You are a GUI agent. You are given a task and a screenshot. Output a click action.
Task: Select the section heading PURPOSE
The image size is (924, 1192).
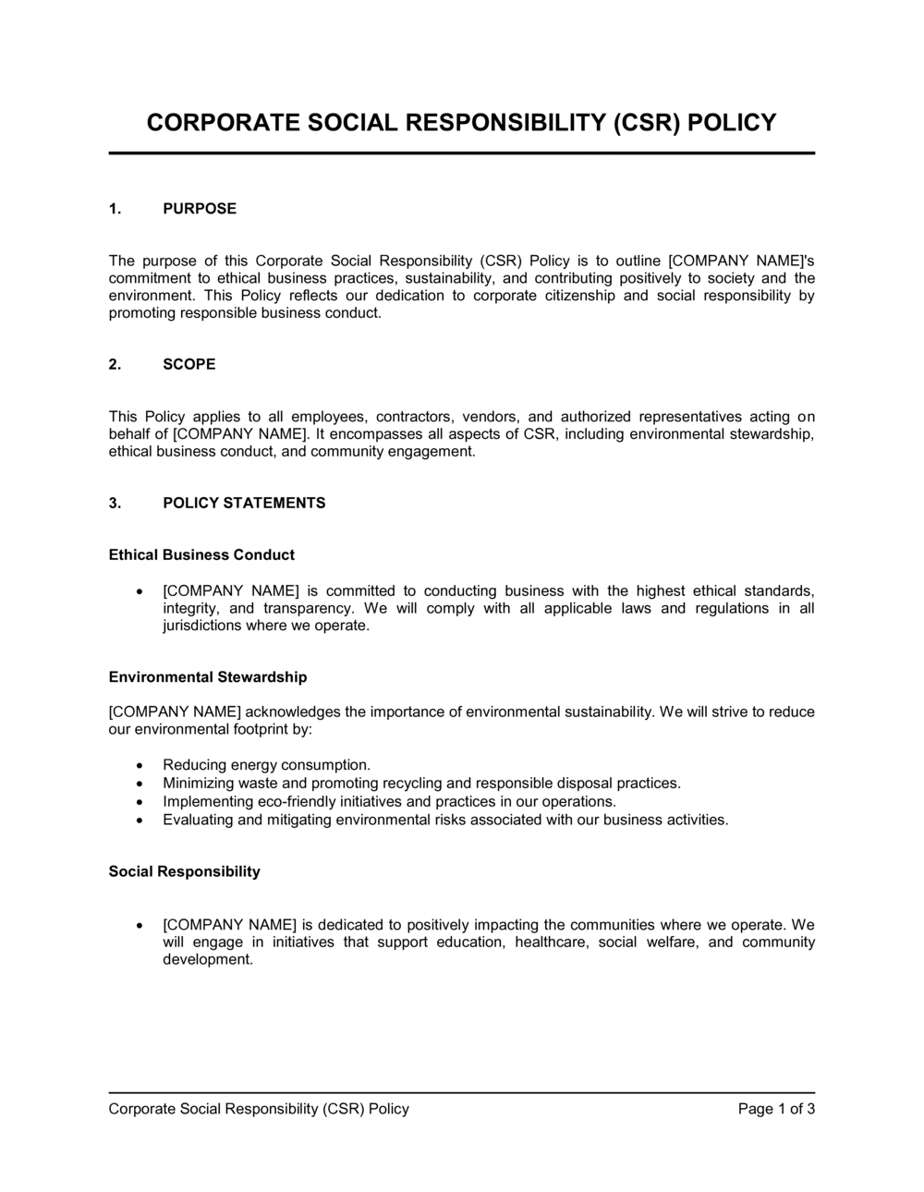200,209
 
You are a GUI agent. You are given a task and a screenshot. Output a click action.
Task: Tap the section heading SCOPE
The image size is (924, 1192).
189,364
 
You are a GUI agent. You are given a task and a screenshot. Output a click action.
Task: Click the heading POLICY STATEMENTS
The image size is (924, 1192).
244,504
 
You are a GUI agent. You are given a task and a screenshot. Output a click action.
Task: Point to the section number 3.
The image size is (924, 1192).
115,504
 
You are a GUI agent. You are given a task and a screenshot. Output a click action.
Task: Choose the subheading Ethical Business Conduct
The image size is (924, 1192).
201,555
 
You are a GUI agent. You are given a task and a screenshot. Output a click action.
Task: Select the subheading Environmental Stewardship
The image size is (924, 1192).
208,677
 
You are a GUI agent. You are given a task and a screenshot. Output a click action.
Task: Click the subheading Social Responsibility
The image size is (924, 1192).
185,871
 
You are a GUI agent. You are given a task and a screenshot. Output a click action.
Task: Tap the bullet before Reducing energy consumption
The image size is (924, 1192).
139,766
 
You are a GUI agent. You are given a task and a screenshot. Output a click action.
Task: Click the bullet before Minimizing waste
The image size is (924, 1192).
139,784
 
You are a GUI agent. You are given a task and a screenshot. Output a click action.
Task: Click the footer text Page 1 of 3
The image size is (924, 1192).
776,1109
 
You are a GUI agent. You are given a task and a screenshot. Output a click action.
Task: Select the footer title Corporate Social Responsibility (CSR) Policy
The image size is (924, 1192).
259,1109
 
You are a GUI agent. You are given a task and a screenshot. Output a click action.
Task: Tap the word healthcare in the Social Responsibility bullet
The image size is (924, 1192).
550,943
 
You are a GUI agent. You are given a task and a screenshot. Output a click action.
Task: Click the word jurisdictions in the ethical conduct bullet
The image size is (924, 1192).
201,626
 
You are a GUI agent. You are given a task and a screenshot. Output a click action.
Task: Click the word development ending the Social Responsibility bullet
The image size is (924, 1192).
207,960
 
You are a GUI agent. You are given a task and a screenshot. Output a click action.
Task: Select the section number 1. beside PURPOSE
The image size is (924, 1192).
115,209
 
